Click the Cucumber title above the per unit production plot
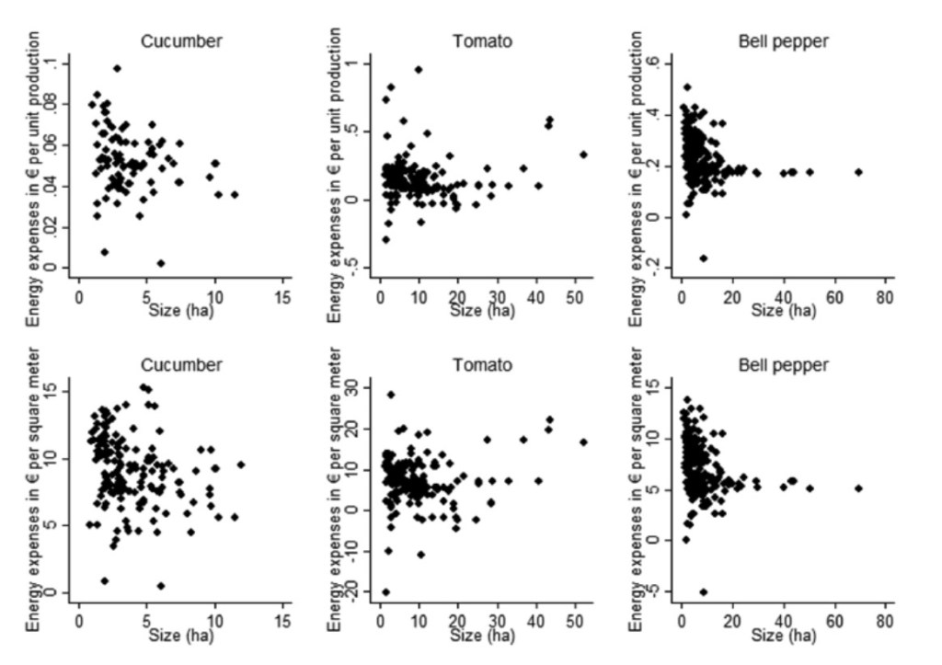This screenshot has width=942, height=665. coord(181,40)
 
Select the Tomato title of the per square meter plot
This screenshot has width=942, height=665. coord(482,365)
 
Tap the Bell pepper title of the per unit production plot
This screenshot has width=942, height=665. coord(783,40)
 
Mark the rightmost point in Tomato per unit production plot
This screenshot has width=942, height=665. coord(583,155)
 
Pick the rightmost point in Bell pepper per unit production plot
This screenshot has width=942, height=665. coord(858,172)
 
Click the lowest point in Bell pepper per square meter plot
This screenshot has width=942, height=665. coord(704,591)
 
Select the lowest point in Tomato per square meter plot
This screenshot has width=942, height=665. coord(385,591)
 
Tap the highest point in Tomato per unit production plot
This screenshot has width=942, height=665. coord(419,69)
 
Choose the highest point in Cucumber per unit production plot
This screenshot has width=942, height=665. coord(117,68)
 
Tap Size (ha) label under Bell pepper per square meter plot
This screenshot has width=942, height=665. coord(783,636)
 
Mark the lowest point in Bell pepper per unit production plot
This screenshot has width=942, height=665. coord(704,258)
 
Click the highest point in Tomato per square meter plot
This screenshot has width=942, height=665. coord(391,395)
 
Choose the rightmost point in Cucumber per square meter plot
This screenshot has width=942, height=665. coord(241,464)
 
